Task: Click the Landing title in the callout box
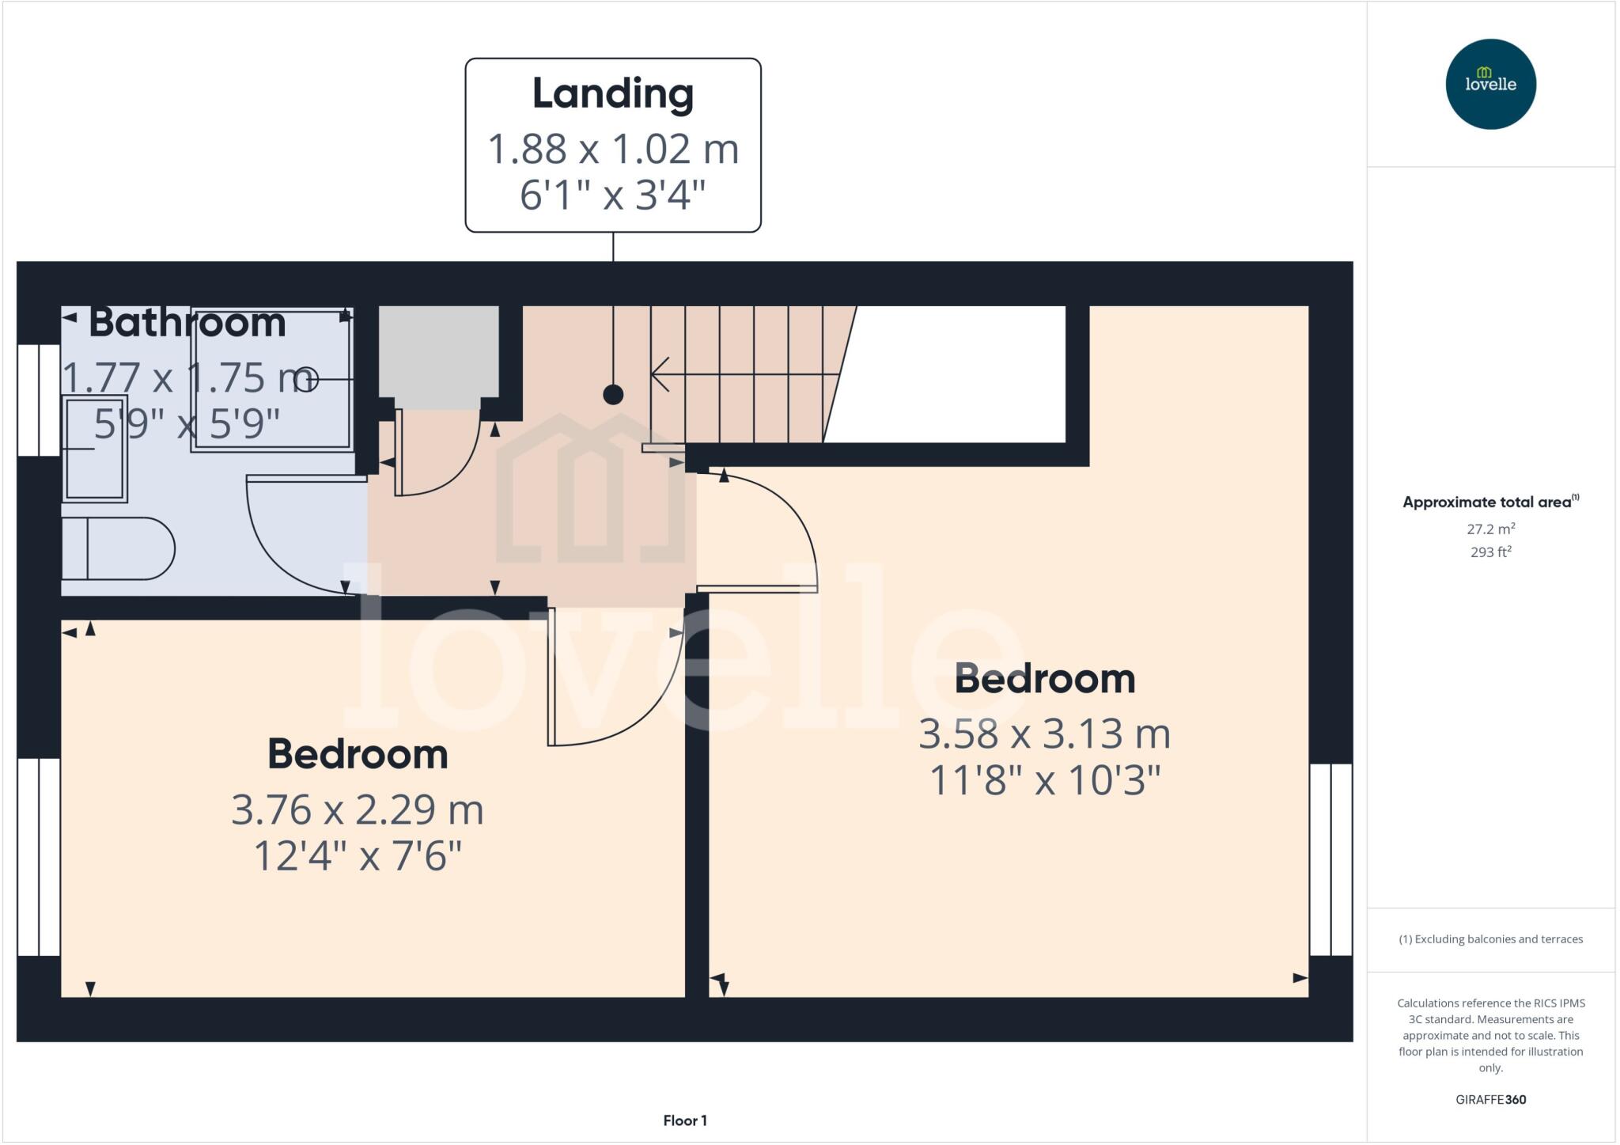point(612,94)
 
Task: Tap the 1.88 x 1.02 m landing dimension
point(612,150)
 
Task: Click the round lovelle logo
point(1490,84)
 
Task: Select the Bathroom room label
point(187,323)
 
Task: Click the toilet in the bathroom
point(119,548)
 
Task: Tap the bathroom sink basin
point(94,449)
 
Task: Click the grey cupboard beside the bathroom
point(438,351)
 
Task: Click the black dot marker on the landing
point(613,394)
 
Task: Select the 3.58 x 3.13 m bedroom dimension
point(1044,734)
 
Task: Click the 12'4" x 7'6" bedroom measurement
point(358,856)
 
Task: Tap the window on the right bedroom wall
point(1330,859)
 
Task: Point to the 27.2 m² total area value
point(1490,529)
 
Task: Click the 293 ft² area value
point(1490,552)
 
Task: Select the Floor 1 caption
point(685,1120)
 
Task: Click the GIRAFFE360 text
point(1490,1099)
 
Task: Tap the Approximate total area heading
point(1487,502)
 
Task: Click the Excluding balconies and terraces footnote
point(1490,939)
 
